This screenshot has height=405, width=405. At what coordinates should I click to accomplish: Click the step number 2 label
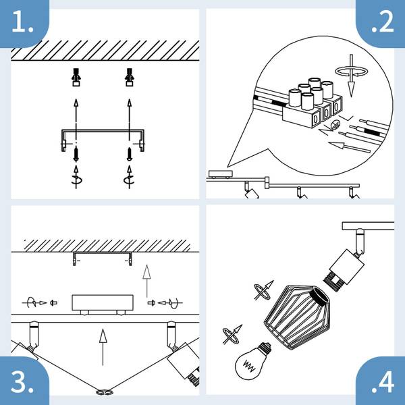point(383,22)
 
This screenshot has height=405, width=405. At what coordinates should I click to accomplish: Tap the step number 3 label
point(22,382)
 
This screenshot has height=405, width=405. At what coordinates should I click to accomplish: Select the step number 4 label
point(383,382)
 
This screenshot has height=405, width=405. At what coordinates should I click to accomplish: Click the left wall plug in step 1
point(76,77)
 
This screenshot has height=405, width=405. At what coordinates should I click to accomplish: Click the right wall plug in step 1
point(130,77)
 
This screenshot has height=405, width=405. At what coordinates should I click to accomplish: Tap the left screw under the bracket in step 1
point(76,154)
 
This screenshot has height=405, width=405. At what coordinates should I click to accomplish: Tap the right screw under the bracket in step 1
point(130,154)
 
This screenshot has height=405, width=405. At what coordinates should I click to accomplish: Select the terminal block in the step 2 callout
point(312,103)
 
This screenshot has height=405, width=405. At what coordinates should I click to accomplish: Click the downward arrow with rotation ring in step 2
point(351,75)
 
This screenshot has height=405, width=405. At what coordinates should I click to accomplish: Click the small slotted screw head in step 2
point(335,125)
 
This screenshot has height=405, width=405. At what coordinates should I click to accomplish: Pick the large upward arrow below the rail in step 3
point(103,347)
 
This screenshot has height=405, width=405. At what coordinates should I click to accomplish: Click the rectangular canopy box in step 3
point(103,302)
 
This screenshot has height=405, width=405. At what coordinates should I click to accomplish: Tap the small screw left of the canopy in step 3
point(53,302)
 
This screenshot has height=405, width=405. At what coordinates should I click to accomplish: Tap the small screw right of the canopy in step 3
point(151,302)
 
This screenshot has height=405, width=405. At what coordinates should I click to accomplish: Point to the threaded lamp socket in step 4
point(333,282)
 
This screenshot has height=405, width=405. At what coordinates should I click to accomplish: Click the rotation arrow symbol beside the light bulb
point(232,335)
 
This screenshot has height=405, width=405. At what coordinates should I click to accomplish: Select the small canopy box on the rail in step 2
point(220,174)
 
